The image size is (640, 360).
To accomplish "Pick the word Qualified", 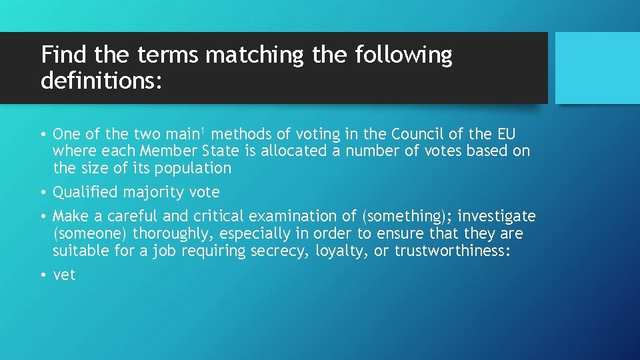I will point(85,192).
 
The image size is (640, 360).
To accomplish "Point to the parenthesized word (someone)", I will point(90,233).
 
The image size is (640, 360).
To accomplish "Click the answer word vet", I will point(65,275).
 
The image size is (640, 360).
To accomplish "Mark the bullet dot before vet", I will point(43,275).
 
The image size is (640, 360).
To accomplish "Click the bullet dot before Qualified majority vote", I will point(43,192).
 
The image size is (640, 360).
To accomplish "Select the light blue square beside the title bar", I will point(598,68).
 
